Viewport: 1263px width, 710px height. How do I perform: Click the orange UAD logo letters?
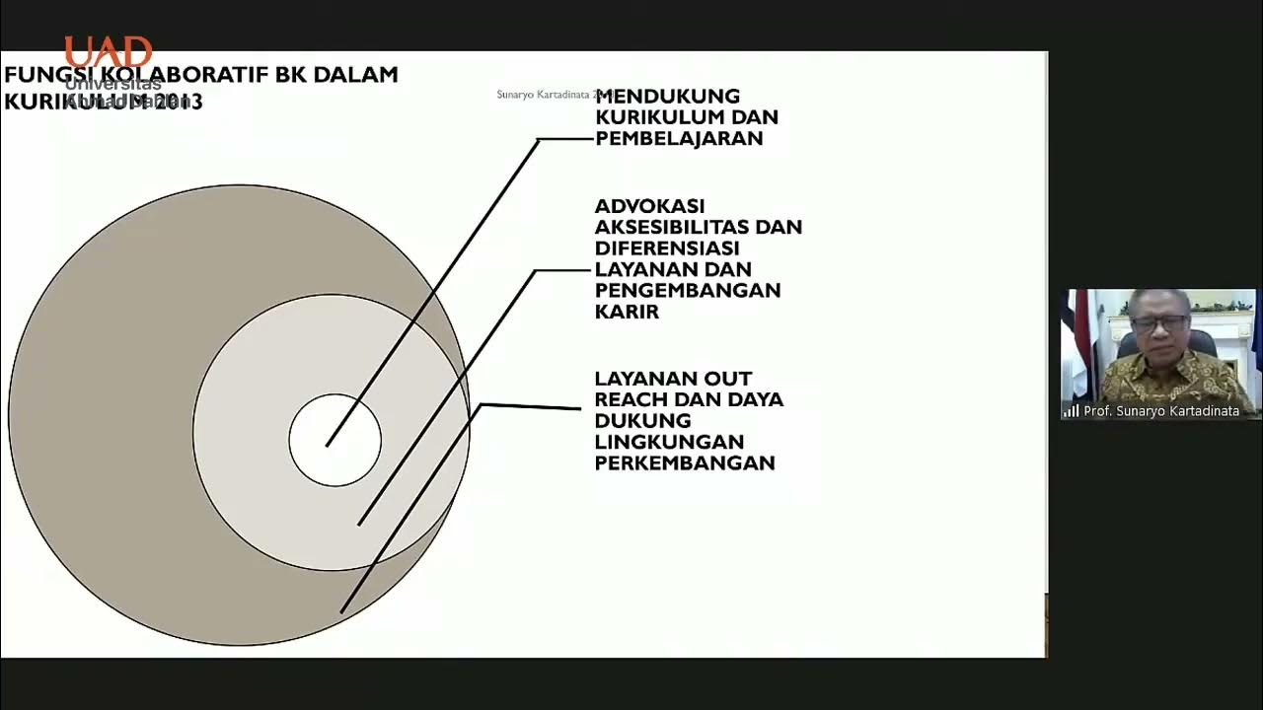[x=109, y=52]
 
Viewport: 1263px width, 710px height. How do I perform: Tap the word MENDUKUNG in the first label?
[x=667, y=97]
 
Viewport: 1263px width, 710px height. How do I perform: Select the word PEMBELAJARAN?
[x=679, y=139]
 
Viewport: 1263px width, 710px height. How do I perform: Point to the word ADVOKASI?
[x=649, y=206]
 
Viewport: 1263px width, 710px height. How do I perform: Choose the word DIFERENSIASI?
[x=667, y=248]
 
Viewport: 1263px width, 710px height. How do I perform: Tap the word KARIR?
[x=627, y=312]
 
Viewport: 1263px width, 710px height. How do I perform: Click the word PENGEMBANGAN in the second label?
[x=688, y=291]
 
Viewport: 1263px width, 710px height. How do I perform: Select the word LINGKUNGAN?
[x=669, y=442]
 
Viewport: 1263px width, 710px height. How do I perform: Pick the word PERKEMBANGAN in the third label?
[x=685, y=463]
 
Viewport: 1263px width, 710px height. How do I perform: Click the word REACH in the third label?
[x=630, y=400]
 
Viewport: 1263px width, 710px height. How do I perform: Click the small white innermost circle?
[x=335, y=441]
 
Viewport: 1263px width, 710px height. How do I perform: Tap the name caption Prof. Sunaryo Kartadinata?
[x=1161, y=411]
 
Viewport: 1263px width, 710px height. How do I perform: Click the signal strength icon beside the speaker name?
[x=1072, y=411]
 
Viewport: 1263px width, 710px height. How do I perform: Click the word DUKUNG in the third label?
[x=642, y=421]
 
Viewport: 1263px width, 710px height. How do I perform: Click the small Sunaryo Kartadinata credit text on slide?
[x=543, y=95]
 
